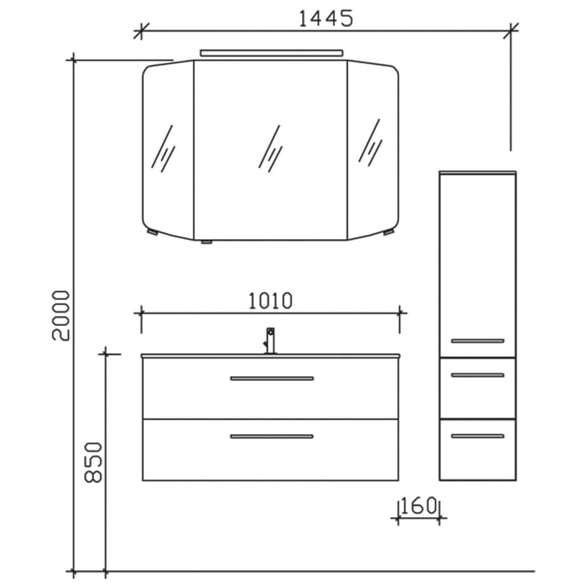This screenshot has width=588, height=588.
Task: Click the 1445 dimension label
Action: coord(323,18)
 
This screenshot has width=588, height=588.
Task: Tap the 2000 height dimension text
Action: coord(60,315)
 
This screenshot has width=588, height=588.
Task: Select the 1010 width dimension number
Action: coord(270,300)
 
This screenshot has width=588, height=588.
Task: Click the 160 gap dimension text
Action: coord(418,507)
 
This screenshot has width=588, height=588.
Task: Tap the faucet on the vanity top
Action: coord(270,340)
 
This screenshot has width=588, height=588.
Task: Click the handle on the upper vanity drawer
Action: coord(271,378)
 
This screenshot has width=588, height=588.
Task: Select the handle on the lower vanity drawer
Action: coord(271,436)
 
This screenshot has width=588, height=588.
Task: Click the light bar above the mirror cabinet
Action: coord(272,54)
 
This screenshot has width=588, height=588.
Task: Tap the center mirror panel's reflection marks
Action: coord(270,149)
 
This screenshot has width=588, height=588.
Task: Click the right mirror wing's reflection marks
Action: coord(370,141)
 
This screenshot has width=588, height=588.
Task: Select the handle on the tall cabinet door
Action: coord(477,340)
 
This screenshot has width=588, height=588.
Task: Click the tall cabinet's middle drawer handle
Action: coord(477,375)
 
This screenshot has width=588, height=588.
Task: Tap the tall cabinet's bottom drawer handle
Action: coord(477,435)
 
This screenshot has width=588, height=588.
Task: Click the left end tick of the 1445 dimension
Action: coord(140,32)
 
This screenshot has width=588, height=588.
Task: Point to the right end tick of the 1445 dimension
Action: coord(510,32)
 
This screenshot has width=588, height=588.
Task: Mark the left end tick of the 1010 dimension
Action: coord(140,312)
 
